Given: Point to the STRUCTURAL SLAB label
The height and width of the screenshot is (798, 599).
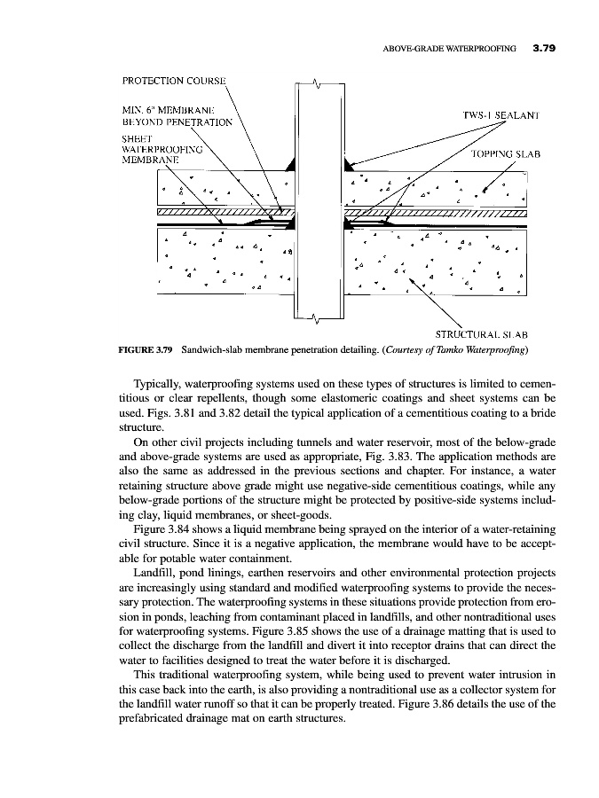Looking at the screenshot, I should coord(483,335).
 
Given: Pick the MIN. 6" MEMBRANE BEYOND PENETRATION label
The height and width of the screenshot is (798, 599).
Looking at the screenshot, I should coord(176,115).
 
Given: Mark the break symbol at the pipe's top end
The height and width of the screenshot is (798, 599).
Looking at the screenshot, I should coord(317,85).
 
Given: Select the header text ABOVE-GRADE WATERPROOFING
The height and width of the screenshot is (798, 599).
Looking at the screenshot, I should coord(450,50).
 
